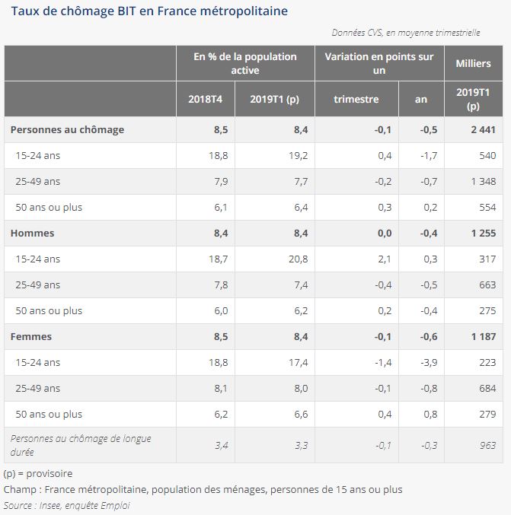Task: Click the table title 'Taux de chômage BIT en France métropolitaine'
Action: (x=149, y=11)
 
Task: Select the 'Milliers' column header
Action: (x=473, y=63)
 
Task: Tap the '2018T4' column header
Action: (x=205, y=99)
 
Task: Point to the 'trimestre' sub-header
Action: (x=356, y=99)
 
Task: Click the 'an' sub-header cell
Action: (x=420, y=99)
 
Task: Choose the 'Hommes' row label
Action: (x=33, y=233)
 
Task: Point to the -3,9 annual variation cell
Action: (x=427, y=362)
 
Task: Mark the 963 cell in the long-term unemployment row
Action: (x=487, y=445)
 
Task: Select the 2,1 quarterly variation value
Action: (x=384, y=259)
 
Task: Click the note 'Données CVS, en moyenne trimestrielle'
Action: (x=406, y=33)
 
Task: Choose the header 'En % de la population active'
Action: (x=245, y=63)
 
